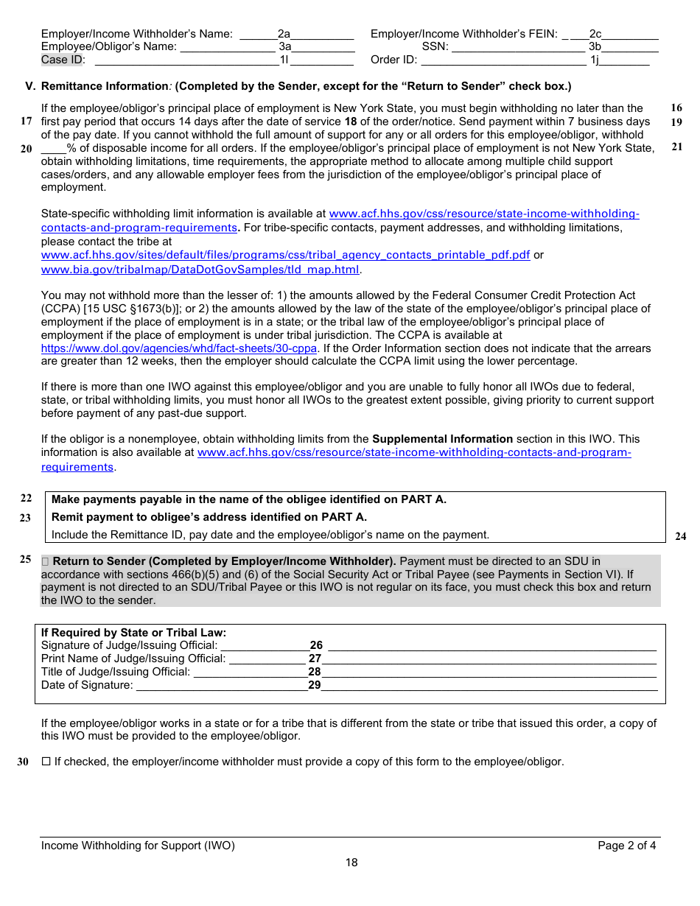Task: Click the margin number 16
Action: point(676,108)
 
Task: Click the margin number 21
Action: point(676,147)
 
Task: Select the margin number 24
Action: point(680,536)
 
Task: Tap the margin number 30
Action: point(23,762)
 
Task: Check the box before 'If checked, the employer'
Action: point(46,762)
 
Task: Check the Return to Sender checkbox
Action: point(46,561)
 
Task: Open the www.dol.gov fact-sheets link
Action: point(179,348)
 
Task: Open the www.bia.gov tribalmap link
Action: point(200,270)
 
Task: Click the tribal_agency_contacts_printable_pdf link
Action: point(285,255)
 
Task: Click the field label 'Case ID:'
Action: point(63,60)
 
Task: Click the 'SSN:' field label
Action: point(435,46)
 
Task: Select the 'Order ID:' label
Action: point(393,60)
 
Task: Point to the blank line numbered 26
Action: point(491,646)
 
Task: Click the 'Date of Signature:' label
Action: point(87,685)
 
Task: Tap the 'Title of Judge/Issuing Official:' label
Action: point(116,672)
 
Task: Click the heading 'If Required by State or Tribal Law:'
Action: point(133,633)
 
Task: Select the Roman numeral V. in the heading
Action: point(30,86)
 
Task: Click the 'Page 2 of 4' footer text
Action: point(626,846)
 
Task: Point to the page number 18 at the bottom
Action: point(351,863)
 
